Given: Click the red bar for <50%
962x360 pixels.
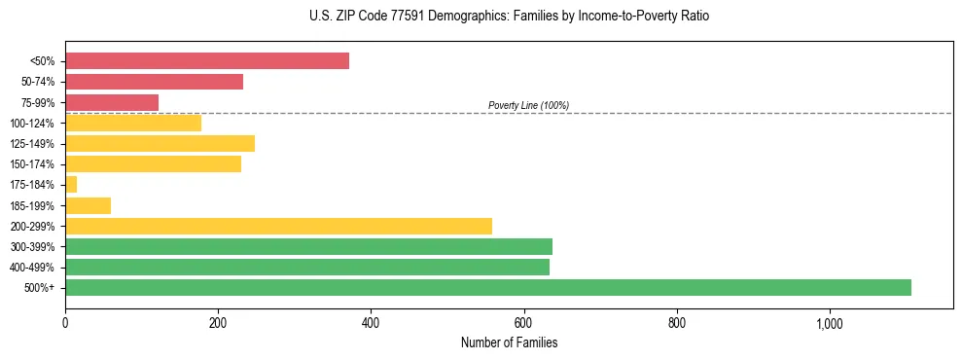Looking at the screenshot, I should point(206,61).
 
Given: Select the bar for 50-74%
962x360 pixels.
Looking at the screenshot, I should point(154,82).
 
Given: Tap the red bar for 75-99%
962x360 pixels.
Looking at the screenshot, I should point(112,102).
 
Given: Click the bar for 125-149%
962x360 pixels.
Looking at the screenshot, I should point(160,144).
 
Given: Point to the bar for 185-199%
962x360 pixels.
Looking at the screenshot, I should point(88,205).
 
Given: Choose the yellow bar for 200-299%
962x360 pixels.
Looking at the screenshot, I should point(278,226).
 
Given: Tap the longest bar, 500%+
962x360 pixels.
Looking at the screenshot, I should point(487,287).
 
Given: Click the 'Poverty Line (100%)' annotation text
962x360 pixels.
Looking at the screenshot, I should point(528,105).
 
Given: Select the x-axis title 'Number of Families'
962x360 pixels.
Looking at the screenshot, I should point(509,343).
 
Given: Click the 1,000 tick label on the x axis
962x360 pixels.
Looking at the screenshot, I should point(830,323).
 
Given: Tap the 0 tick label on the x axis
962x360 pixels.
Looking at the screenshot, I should point(65,323).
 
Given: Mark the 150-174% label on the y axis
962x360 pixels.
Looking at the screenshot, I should point(32,164).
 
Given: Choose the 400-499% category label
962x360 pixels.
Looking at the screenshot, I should point(32,268).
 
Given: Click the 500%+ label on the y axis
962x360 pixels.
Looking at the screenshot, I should point(40,288).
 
